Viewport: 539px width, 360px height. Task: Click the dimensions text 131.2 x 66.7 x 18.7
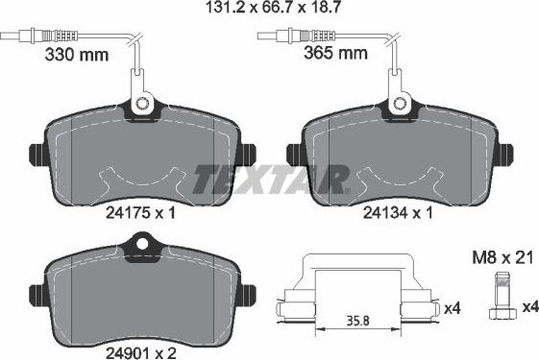pyautogui.click(x=269, y=10)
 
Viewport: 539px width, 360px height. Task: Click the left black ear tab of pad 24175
pyautogui.click(x=37, y=155)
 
